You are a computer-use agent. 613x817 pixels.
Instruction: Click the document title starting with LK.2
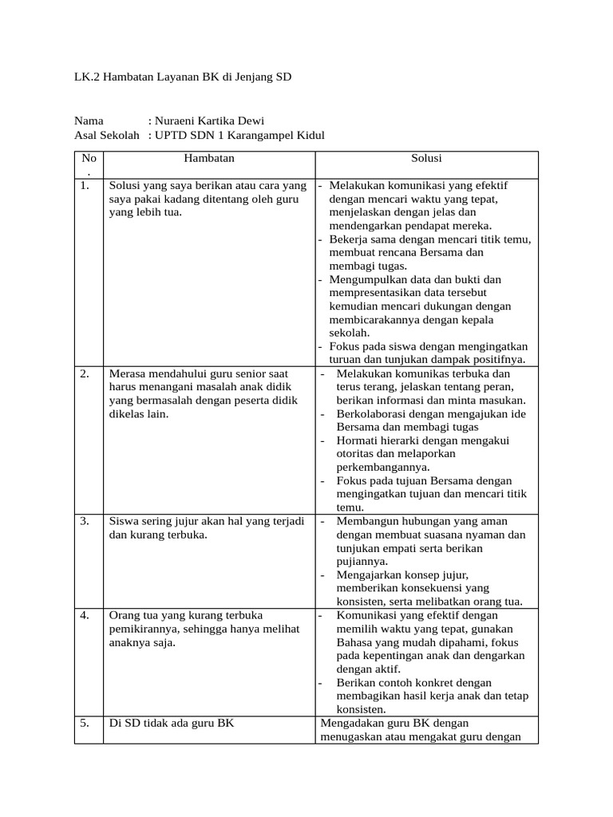click(x=183, y=77)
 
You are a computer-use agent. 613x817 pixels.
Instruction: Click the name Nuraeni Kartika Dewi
click(x=213, y=121)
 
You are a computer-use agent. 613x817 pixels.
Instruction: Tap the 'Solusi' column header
click(x=426, y=159)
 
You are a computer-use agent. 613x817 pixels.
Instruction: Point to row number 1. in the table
click(x=85, y=186)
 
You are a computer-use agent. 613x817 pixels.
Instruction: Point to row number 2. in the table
click(x=85, y=373)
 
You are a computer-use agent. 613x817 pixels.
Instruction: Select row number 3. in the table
click(x=85, y=521)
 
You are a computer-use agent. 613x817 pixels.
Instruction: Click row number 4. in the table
click(x=85, y=615)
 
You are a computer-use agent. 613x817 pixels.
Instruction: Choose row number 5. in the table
click(x=85, y=724)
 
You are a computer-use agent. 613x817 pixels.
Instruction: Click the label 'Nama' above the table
click(x=89, y=121)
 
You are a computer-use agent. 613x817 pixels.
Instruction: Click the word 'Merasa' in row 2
click(x=128, y=373)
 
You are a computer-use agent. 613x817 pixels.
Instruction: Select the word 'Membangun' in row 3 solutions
click(x=366, y=521)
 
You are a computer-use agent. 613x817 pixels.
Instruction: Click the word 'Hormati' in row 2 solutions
click(x=358, y=440)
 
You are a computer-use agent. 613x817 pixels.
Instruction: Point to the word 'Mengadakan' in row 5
click(x=350, y=724)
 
